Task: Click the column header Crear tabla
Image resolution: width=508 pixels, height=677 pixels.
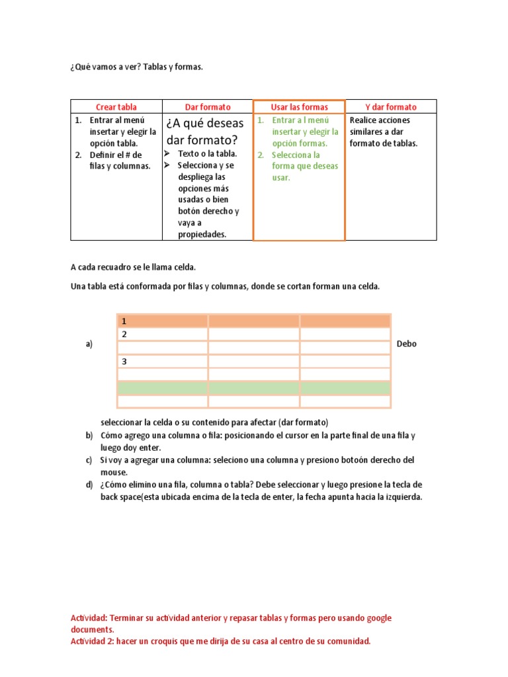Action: coord(116,106)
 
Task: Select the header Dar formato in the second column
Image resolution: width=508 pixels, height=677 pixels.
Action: coord(208,106)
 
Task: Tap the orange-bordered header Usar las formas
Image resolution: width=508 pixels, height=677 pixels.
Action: coord(299,106)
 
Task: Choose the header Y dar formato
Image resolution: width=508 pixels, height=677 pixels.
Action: coord(391,106)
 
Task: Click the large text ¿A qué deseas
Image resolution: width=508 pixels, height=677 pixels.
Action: coord(205,123)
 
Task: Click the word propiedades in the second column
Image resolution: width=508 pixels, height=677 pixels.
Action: coord(202,234)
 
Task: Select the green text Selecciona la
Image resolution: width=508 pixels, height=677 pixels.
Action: coord(297,155)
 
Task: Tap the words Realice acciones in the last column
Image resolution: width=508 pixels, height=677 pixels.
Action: coord(380,120)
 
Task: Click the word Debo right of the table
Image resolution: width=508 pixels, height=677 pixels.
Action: coord(407,344)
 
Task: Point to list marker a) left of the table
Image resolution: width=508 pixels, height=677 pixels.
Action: coord(88,344)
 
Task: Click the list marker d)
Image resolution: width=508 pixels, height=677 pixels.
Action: coord(89,485)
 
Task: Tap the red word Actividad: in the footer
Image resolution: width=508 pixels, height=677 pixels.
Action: coord(89,618)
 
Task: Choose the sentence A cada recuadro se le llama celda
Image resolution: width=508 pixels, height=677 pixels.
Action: coord(133,267)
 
